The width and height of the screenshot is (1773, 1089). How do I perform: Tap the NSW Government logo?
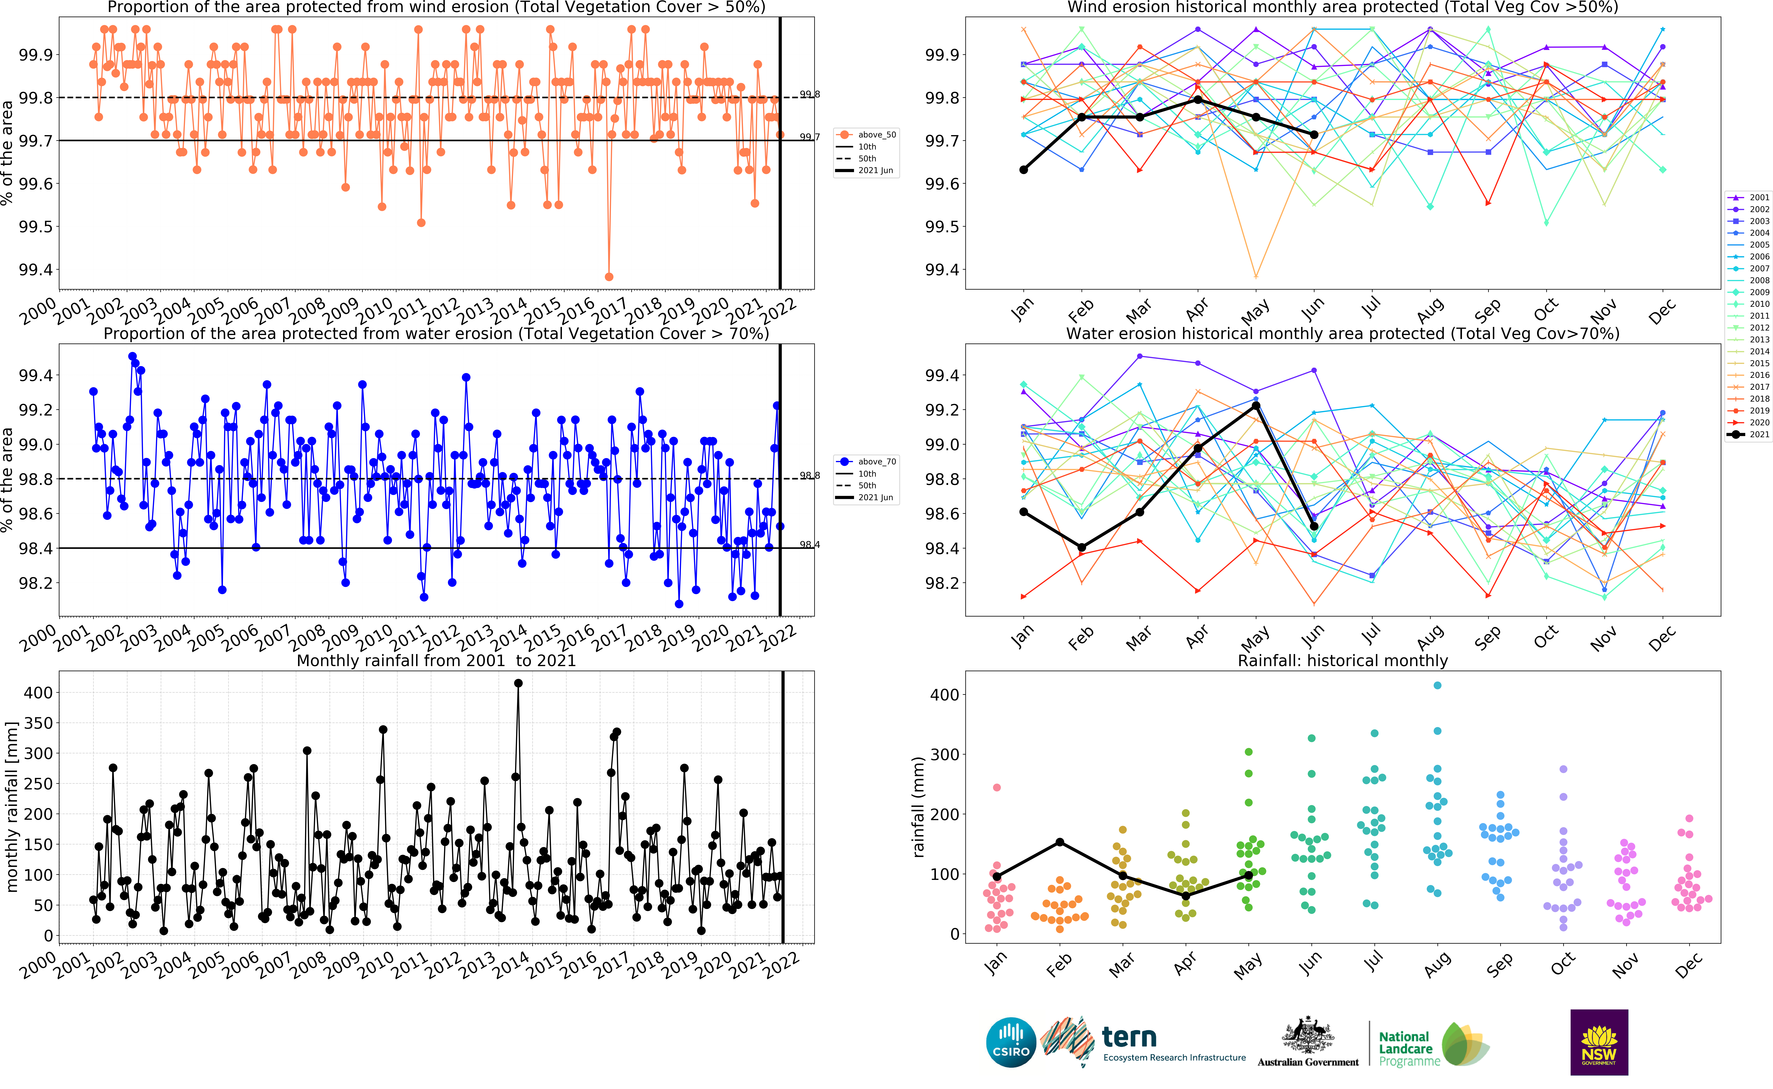(x=1599, y=1042)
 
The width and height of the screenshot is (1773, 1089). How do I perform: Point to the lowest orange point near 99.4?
(x=609, y=277)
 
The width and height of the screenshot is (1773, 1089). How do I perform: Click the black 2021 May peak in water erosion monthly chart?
(x=1256, y=406)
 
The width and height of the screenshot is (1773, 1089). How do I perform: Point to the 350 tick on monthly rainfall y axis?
(x=38, y=723)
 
